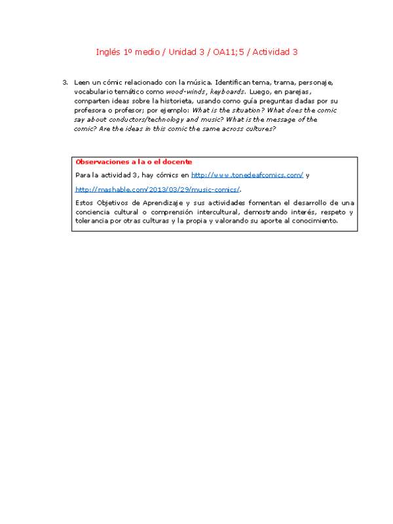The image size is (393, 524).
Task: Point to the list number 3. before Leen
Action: (x=65, y=83)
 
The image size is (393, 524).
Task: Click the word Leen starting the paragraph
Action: (x=82, y=83)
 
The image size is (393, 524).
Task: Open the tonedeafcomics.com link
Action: (x=247, y=176)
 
